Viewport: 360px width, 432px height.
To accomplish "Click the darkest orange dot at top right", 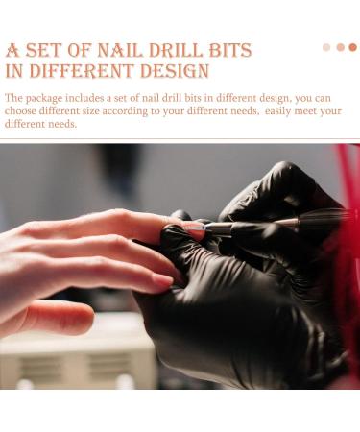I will (352, 47).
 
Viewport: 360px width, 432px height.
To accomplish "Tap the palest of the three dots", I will (326, 47).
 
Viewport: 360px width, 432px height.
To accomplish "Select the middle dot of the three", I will (340, 47).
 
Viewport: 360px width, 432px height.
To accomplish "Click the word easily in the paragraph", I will (275, 111).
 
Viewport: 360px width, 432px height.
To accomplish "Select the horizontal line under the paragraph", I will (180, 138).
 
